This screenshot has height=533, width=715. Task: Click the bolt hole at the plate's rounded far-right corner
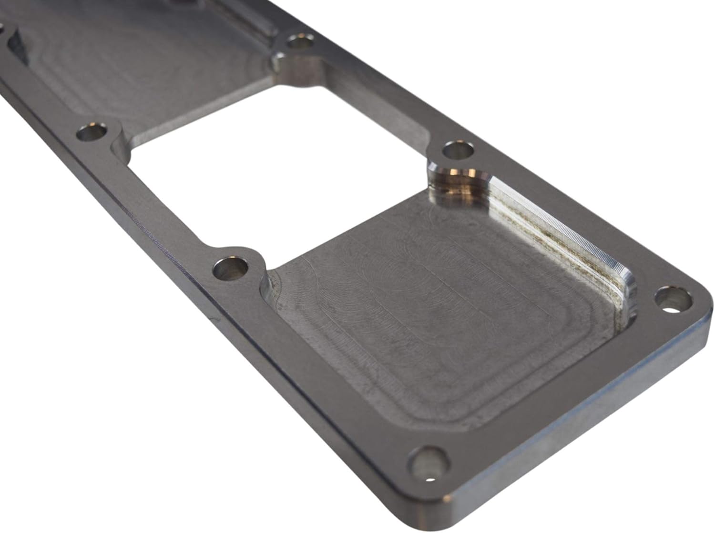(x=673, y=300)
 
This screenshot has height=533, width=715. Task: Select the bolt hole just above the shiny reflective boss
(x=458, y=152)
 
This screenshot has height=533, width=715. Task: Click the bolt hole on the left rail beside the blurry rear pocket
(x=92, y=133)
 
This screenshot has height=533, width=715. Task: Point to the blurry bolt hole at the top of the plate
(x=298, y=42)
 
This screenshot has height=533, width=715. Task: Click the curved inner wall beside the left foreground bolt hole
(x=267, y=286)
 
